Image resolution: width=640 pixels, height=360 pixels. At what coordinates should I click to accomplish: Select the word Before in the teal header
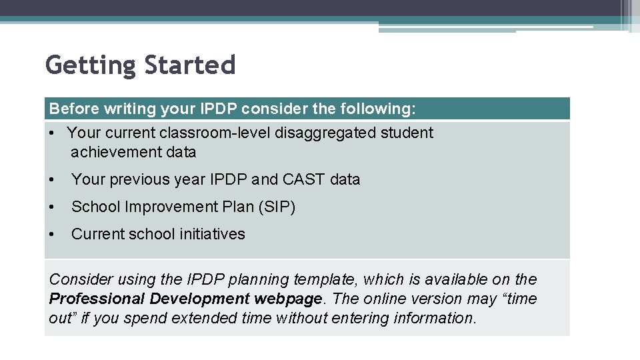tap(73, 108)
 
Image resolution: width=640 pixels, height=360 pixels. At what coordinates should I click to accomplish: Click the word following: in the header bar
tap(378, 108)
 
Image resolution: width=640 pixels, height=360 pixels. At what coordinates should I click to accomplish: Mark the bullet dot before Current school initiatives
tap(53, 234)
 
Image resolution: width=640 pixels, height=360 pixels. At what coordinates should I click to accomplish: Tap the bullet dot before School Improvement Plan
tap(53, 207)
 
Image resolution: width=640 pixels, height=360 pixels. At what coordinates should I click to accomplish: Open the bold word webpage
tap(299, 299)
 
